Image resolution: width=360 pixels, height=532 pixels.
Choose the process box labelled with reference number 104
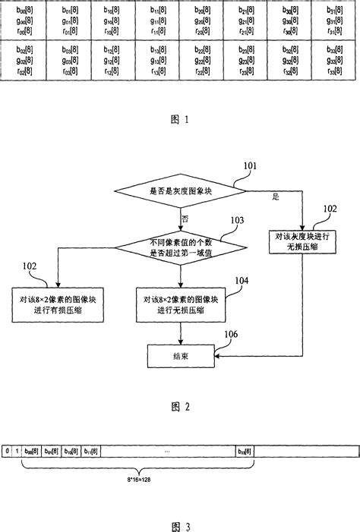[179, 303]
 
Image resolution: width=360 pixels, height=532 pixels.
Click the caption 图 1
[179, 119]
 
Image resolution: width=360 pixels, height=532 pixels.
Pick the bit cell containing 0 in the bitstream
[7, 451]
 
